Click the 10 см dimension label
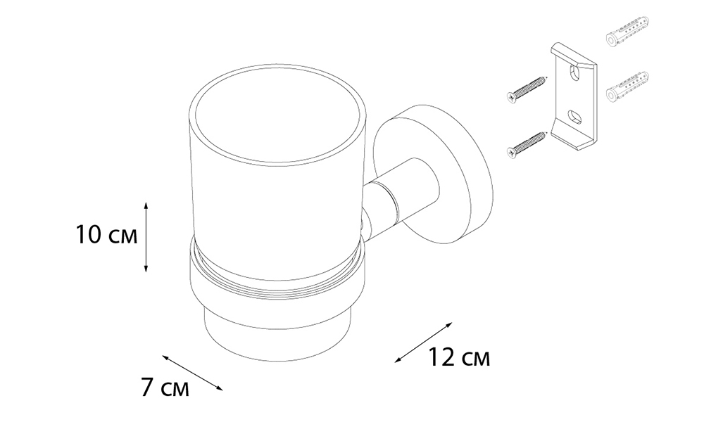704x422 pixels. point(106,235)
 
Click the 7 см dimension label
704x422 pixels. point(165,388)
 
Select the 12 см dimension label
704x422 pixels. point(459,357)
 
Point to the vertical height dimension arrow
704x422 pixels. point(146,237)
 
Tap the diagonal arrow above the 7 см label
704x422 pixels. point(192,373)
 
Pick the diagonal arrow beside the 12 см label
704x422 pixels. point(423,342)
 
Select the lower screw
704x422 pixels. point(527,145)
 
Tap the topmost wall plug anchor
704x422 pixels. point(628,30)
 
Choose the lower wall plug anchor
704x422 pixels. point(628,86)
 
